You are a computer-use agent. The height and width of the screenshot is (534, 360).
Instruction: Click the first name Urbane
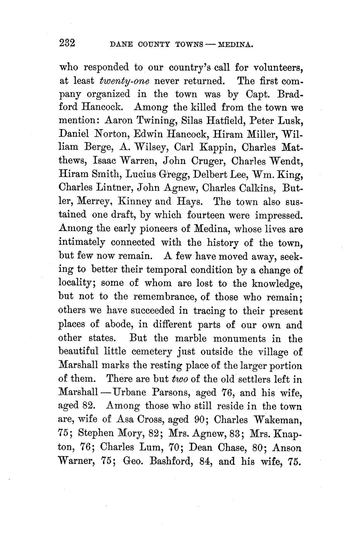pos(129,392)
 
